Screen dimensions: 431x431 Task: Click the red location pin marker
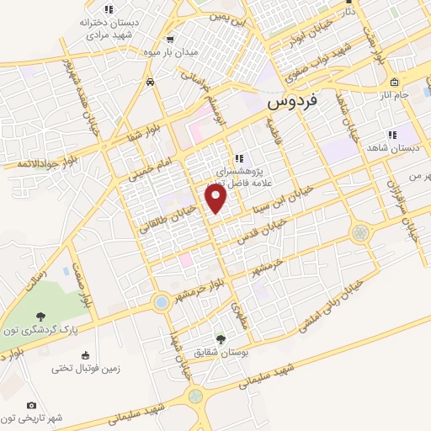point(216,198)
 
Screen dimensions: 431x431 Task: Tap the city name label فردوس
point(293,102)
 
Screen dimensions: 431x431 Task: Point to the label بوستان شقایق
point(221,352)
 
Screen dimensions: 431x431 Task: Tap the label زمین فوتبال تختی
point(87,368)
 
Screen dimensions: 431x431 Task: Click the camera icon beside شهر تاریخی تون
point(32,406)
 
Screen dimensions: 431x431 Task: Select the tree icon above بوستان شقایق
point(221,338)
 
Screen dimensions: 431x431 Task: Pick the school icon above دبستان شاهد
point(391,134)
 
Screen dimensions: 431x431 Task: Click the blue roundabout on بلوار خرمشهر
point(161,301)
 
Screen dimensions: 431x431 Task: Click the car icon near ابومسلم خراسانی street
point(149,82)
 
